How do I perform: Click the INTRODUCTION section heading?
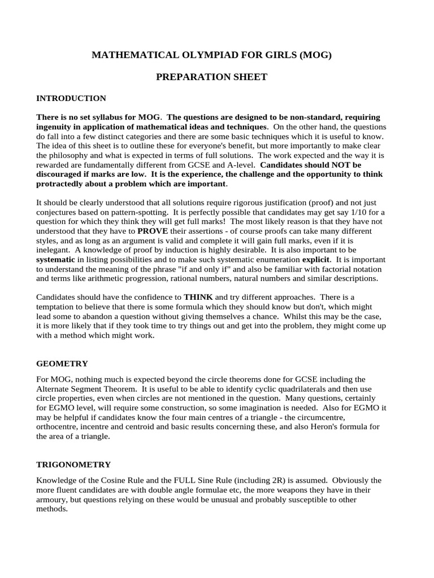71,98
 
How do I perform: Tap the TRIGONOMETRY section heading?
73,465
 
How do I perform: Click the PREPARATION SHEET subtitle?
211,77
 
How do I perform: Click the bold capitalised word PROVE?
152,231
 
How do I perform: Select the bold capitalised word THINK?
198,297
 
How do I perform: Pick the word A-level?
232,165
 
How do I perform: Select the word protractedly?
63,184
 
